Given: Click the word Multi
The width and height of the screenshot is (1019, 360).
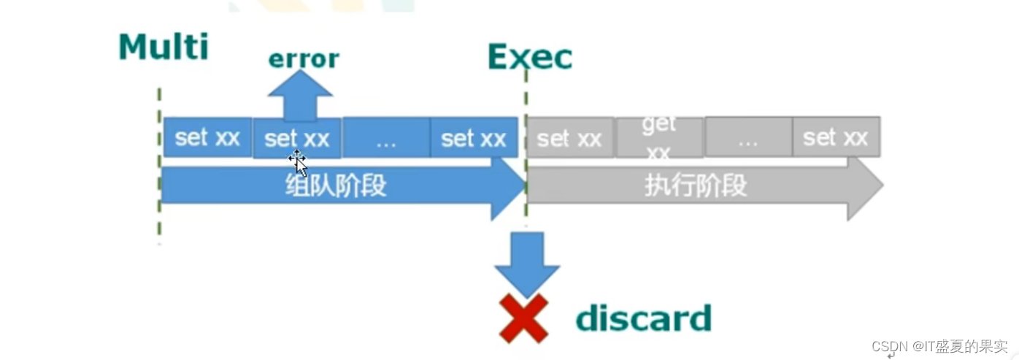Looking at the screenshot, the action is coord(164,47).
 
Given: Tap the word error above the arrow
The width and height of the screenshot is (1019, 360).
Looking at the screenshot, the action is coord(304,58).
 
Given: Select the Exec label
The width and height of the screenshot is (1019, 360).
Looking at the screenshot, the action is coord(529,56).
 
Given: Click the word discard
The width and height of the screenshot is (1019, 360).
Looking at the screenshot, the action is coord(643,318).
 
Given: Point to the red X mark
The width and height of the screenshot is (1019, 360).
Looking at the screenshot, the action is coord(523,318).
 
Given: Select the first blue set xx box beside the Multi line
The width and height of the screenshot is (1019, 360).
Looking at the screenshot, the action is coord(207,137).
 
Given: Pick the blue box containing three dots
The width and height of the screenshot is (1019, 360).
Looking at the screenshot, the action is coord(385,138).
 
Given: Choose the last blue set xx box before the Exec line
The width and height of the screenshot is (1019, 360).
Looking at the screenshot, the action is coord(474,137).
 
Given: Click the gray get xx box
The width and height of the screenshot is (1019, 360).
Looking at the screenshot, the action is coord(659,137).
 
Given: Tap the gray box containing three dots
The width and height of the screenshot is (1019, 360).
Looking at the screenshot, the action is coord(747,138).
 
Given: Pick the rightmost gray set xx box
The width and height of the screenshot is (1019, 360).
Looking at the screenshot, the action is coord(835,137).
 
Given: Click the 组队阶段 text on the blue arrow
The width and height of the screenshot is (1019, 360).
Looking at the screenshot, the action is coord(335,186).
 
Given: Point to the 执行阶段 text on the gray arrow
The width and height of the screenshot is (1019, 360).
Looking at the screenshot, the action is coord(696,186).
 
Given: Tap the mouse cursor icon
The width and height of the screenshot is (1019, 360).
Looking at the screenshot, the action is coord(298,161).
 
